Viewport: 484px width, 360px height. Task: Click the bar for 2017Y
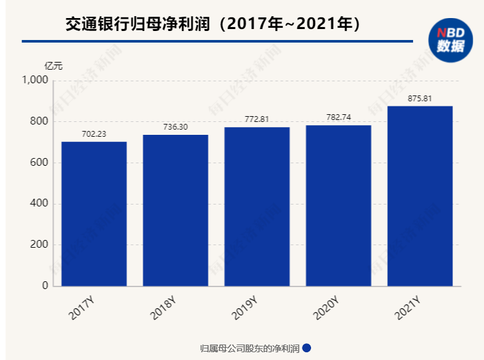94,214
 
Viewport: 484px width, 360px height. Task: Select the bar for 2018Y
176,210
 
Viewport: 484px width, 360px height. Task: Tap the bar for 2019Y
257,206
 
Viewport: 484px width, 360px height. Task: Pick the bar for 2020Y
338,205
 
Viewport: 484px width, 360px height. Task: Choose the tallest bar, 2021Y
419,195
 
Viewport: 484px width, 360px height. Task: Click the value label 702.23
94,134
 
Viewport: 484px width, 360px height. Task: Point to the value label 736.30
176,127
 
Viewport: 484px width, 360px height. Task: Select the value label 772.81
257,119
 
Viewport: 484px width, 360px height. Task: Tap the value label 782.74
338,117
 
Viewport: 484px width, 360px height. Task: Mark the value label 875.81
419,98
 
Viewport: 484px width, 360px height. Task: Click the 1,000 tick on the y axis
35,80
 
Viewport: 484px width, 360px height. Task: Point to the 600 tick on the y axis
40,163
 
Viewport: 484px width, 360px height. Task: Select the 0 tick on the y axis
45,286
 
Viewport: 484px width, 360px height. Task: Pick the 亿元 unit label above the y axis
54,66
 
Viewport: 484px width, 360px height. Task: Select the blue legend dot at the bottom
307,348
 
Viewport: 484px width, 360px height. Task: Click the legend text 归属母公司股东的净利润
250,348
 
